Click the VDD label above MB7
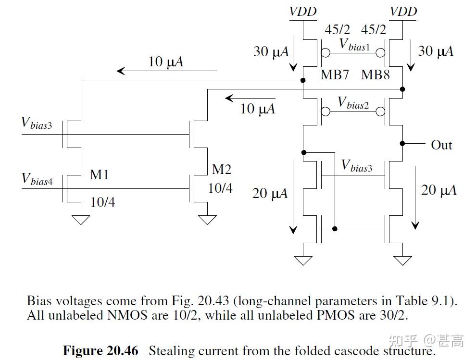(x=303, y=11)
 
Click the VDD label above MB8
(x=403, y=11)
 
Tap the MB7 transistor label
(x=334, y=75)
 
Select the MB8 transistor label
(x=375, y=75)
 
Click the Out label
(x=441, y=145)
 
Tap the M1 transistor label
(x=99, y=175)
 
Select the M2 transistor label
(x=222, y=169)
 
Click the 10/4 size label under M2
(x=220, y=188)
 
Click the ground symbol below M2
(x=207, y=220)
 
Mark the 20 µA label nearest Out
(x=438, y=190)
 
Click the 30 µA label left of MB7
(x=271, y=51)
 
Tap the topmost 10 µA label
(x=166, y=62)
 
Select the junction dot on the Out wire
(x=402, y=143)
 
